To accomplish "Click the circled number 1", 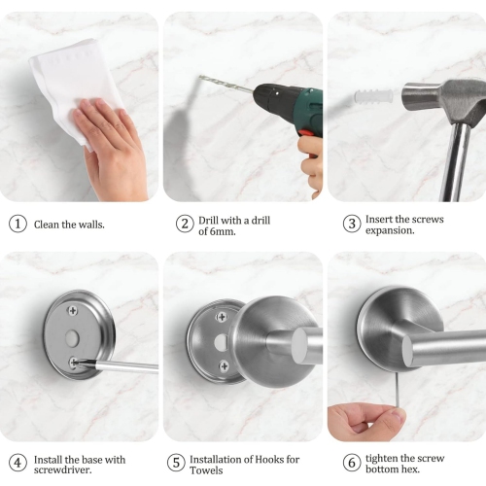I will [x=17, y=224].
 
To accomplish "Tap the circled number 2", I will [x=185, y=224].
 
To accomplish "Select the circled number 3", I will [x=351, y=224].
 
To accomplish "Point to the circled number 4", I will [x=17, y=463].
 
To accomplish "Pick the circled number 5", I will [x=175, y=463].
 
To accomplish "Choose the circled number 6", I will [x=351, y=463].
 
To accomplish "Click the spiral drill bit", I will [x=226, y=87].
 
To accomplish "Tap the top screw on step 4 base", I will [x=73, y=311].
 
